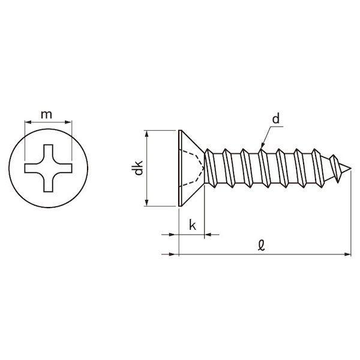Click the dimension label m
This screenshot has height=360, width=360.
[x=46, y=115]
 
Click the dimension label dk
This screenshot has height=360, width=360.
[x=139, y=168]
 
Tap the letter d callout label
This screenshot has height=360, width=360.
[x=276, y=119]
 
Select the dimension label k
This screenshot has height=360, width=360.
[x=193, y=225]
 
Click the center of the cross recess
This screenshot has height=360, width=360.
[x=49, y=168]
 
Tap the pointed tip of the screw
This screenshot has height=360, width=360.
[x=350, y=169]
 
